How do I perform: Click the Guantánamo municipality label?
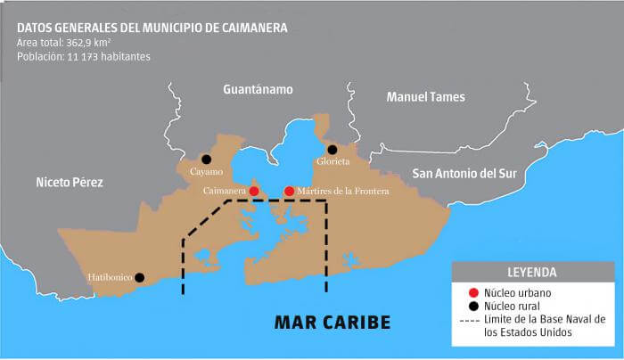point(258,90)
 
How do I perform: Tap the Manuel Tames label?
point(425,97)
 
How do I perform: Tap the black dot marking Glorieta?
point(333,150)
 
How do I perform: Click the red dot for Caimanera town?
point(254,191)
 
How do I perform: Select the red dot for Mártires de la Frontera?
point(289,191)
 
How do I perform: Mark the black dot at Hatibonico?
point(139,277)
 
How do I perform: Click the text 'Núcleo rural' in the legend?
point(513,305)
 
